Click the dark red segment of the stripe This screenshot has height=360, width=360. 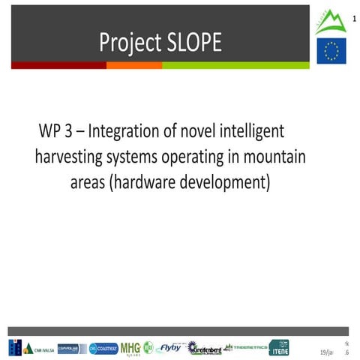coord(57,65)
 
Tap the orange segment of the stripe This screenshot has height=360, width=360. coord(134,65)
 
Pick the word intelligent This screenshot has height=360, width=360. coord(247,131)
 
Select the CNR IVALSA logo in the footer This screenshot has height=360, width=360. coord(31,348)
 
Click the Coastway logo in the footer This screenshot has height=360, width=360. coord(103,348)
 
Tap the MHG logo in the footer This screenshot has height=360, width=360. coord(130,347)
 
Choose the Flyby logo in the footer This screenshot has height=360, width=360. coord(169,347)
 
